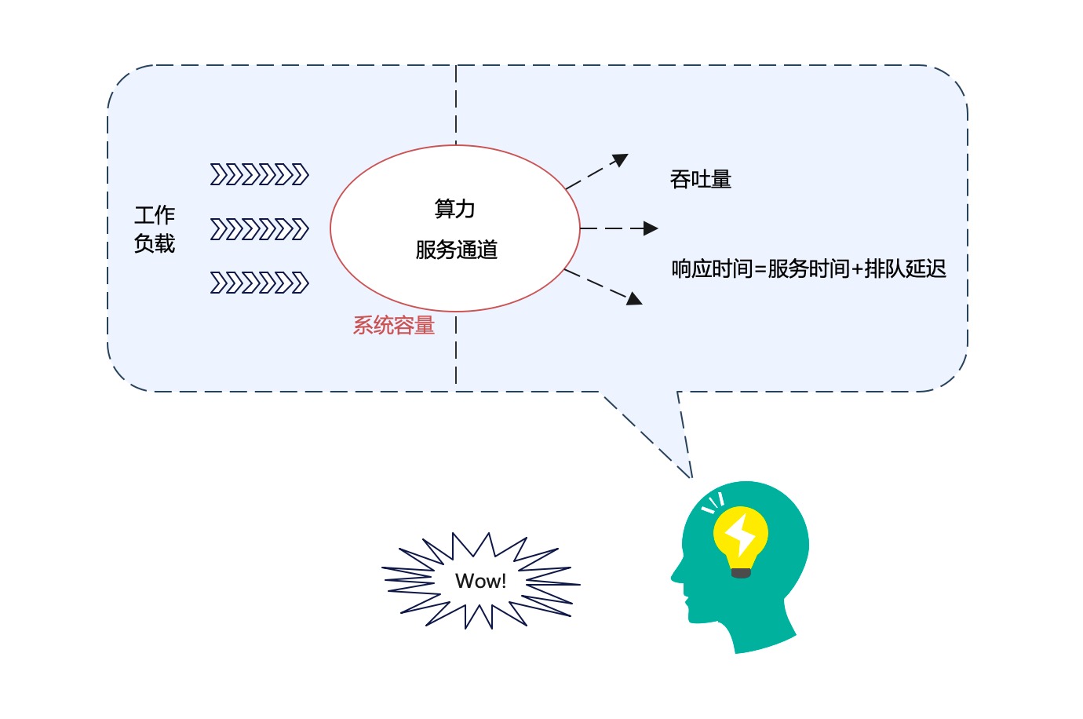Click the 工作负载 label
point(155,229)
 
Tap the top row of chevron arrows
point(259,174)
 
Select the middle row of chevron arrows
point(259,229)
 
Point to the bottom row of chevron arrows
point(259,283)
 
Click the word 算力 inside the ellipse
point(454,209)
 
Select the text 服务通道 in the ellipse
point(457,250)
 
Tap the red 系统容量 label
point(393,326)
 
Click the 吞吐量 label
point(701,180)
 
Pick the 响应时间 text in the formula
point(712,268)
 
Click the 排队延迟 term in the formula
point(905,268)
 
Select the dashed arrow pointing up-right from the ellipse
point(596,171)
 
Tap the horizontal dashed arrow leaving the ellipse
point(619,228)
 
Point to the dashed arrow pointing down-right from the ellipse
point(603,287)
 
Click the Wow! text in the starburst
point(480,581)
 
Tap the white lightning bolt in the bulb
point(740,535)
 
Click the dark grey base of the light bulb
point(741,573)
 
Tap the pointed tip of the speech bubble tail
point(692,478)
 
